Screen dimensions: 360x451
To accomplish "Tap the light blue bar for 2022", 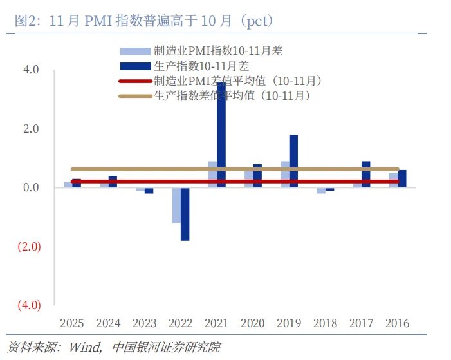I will click(176, 205).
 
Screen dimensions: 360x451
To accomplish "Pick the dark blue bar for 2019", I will click(293, 161).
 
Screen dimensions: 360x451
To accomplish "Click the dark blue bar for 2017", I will click(365, 175).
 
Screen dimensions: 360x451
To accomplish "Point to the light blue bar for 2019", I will click(284, 175).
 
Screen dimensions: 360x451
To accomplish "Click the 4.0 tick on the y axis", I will click(31, 70).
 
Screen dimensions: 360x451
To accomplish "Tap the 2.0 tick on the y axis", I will click(31, 129).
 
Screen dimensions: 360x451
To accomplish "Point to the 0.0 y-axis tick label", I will click(31, 188).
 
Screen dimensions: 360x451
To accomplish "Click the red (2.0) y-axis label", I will click(28, 247).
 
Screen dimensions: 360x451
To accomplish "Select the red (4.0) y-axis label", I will click(28, 305).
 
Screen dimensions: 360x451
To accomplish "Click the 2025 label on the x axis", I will click(72, 323).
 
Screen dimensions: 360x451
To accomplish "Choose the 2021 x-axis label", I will click(217, 323).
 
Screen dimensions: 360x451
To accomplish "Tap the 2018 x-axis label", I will click(325, 323).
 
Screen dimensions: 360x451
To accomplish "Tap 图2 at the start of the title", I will click(24, 21).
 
